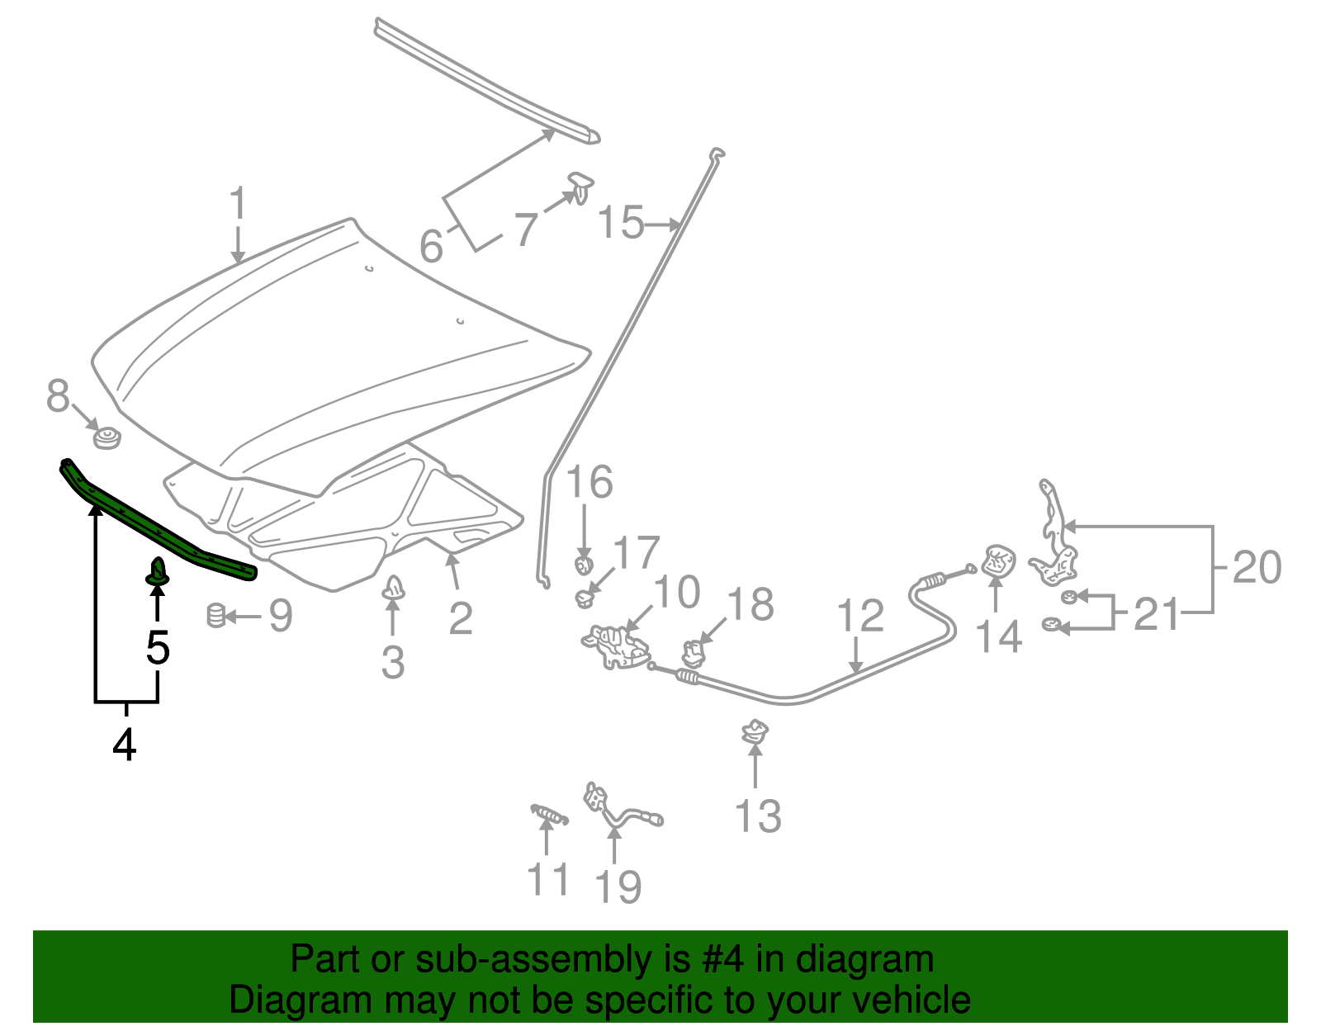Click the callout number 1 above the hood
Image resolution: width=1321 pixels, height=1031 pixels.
(238, 203)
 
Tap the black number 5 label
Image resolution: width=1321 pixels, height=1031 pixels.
(158, 647)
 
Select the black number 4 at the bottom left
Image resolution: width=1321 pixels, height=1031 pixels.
(124, 745)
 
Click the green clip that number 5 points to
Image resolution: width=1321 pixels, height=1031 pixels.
(158, 572)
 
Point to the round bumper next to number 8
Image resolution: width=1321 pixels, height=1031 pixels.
(107, 437)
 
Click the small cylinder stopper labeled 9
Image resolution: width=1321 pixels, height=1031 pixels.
(215, 615)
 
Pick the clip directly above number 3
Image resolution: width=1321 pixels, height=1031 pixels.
(394, 589)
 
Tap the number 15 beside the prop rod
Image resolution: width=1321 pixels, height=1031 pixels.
(620, 223)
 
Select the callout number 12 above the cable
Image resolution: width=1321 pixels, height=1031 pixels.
(860, 617)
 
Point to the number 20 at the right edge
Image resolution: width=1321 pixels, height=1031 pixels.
(1257, 568)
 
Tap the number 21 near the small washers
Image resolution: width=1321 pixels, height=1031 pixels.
(1156, 614)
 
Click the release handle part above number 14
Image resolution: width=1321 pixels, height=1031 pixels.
(998, 561)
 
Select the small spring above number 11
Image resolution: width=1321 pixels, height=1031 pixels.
(549, 816)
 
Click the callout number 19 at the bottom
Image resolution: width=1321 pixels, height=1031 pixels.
(618, 887)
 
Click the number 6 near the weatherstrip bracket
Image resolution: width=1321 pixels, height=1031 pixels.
(431, 245)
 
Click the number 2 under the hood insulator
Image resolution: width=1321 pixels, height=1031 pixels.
(461, 618)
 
